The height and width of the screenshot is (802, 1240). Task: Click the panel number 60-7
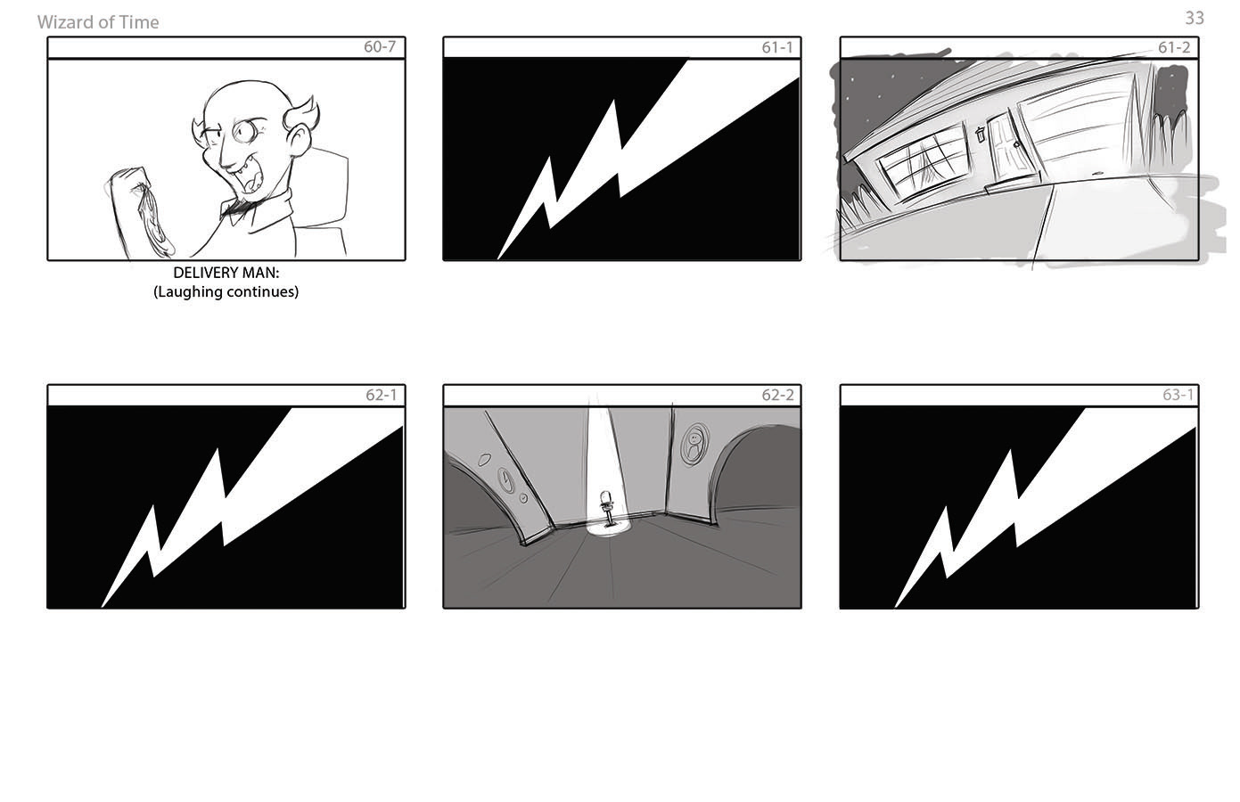click(x=380, y=47)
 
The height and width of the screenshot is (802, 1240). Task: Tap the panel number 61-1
click(x=777, y=47)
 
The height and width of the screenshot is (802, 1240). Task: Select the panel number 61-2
click(x=1174, y=47)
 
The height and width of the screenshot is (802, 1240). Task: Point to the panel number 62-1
click(x=382, y=395)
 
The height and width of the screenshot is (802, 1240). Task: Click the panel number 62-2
click(x=777, y=395)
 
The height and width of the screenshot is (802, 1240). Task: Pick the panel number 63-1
click(x=1178, y=395)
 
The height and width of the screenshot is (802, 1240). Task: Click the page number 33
click(x=1195, y=18)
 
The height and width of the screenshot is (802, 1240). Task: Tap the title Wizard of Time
click(x=98, y=22)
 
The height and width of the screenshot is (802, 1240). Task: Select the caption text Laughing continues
click(x=226, y=291)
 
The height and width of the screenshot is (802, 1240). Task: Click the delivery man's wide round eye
click(x=244, y=131)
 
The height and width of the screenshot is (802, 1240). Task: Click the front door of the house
click(x=1011, y=146)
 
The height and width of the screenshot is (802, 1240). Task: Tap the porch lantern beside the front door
click(x=980, y=134)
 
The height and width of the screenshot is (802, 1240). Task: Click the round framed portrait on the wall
click(x=694, y=445)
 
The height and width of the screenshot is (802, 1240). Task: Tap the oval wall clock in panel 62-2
click(x=505, y=479)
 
